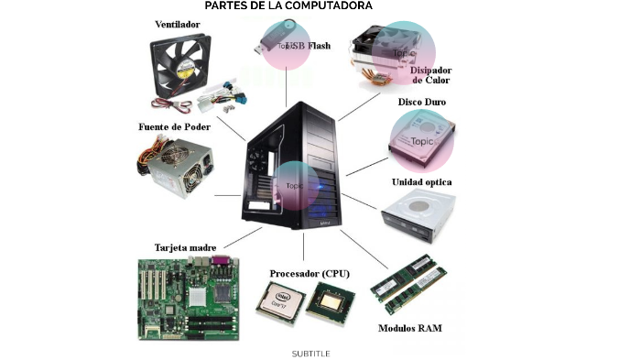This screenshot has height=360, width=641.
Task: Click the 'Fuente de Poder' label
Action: (174, 126)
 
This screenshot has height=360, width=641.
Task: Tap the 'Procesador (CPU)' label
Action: (309, 273)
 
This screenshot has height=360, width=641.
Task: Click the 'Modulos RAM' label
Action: (410, 328)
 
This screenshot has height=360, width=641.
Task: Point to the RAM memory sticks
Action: (408, 279)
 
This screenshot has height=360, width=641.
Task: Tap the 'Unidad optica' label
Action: (421, 182)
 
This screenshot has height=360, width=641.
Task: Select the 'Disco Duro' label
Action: (421, 102)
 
